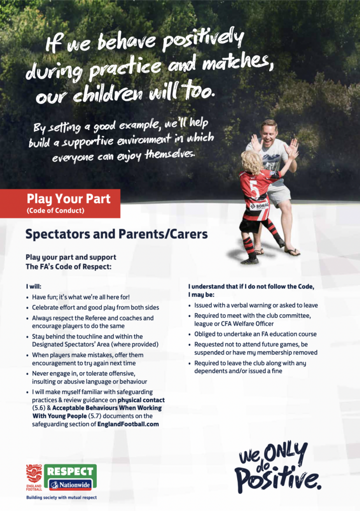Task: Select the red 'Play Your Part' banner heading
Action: coord(68,199)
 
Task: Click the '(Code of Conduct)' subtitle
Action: coord(55,211)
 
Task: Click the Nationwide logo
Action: coord(70,485)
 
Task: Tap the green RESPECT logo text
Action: coord(70,471)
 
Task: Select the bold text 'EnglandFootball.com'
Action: coord(128,424)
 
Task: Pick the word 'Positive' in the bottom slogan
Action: coord(277,478)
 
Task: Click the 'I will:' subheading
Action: coord(33,287)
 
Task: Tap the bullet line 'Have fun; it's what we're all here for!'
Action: coord(81,297)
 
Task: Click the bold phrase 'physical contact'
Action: coord(141,400)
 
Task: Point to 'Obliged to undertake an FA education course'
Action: coord(255,334)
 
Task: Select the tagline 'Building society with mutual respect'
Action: coord(61,498)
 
